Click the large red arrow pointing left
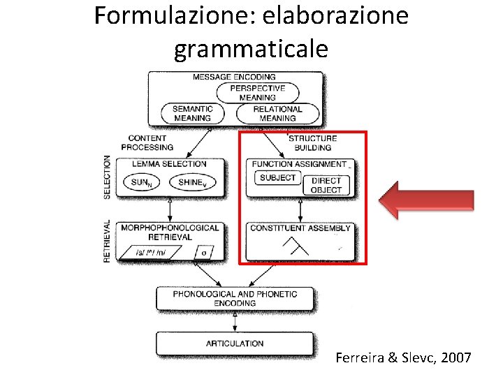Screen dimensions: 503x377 tap(426, 200)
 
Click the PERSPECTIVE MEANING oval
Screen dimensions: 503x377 tap(257, 93)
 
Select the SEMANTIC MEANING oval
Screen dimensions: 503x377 tap(192, 113)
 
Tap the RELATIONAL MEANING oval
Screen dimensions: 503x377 tap(277, 113)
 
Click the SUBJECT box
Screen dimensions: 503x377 tap(277, 178)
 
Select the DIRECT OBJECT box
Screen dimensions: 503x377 tap(326, 185)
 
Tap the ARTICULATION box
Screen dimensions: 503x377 tap(235, 343)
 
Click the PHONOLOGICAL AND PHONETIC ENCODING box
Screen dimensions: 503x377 tap(235, 298)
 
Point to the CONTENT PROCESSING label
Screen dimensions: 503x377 tap(147, 142)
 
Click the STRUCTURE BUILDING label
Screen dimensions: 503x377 tap(312, 142)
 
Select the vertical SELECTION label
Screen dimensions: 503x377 tap(107, 177)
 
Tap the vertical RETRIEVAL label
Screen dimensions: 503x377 tap(107, 242)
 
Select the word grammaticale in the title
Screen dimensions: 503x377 tap(251, 49)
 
